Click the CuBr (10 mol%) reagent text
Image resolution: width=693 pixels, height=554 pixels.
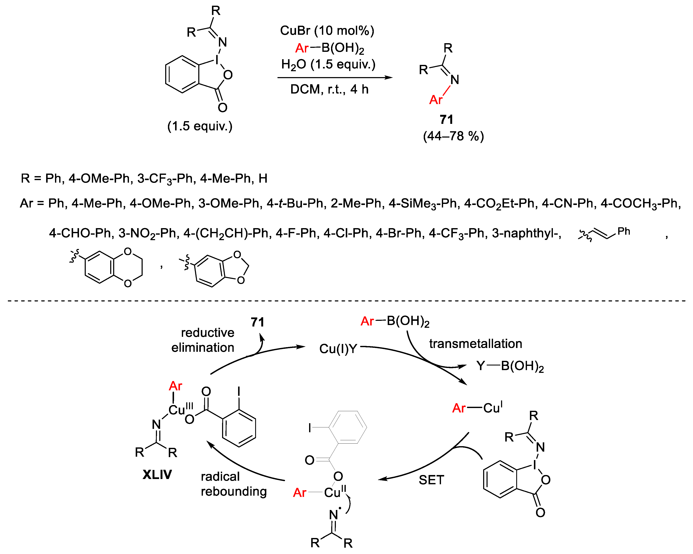(327, 31)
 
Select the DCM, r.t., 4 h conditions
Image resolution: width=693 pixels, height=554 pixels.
(329, 89)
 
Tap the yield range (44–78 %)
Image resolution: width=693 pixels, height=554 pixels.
(453, 136)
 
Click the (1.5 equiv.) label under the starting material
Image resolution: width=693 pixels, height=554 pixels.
(200, 126)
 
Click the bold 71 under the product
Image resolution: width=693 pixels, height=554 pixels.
(446, 119)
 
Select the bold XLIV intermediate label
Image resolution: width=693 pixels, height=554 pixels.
(157, 475)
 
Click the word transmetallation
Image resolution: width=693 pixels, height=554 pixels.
(475, 344)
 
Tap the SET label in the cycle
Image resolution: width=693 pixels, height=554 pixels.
(431, 480)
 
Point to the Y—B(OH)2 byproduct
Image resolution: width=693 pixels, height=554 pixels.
(510, 366)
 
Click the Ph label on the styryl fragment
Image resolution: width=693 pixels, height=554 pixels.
(623, 231)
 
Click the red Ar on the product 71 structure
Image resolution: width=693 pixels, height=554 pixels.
(436, 100)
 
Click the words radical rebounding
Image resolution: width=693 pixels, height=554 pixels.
(233, 484)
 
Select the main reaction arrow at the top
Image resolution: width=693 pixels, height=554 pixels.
(335, 78)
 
